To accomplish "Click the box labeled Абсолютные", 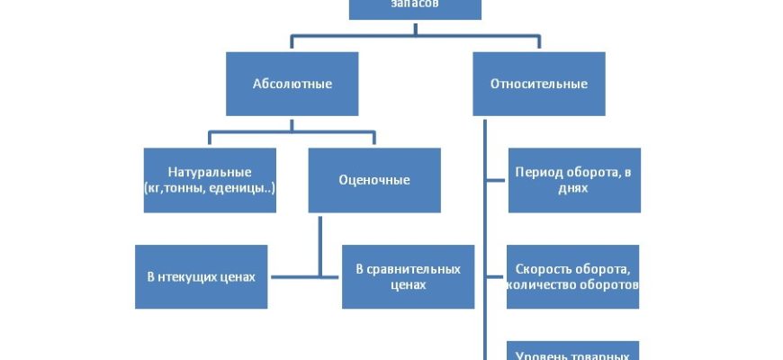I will pos(292,84).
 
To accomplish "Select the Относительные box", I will pos(538,84).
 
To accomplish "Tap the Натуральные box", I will pos(210,180).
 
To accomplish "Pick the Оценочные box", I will pos(373,180).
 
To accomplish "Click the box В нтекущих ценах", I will pos(201,276).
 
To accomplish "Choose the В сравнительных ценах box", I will pos(408,276).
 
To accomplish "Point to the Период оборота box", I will pos(573,180).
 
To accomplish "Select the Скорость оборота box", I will pos(573,276).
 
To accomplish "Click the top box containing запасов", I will pos(415,8).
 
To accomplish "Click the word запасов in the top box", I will pos(415,5).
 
